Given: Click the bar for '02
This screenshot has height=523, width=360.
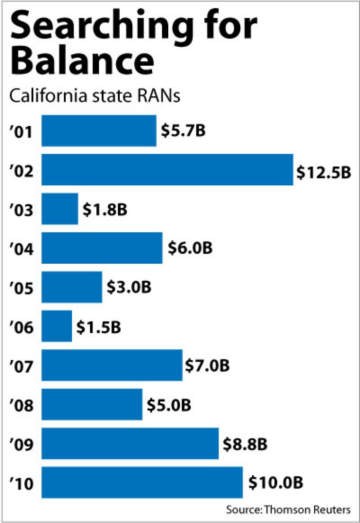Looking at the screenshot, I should tap(167, 170).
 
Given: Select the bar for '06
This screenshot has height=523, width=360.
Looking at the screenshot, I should tap(57, 326).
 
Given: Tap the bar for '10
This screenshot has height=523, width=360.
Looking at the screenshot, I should tap(142, 483).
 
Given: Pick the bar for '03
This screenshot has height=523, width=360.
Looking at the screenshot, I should tap(60, 209).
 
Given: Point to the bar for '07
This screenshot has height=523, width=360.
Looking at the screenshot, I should tap(112, 365).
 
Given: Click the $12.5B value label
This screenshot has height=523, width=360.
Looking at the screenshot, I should tap(324, 172).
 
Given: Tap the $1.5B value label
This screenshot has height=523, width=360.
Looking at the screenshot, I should tap(99, 327).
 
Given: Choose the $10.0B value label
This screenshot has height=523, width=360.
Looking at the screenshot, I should tap(276, 483).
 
